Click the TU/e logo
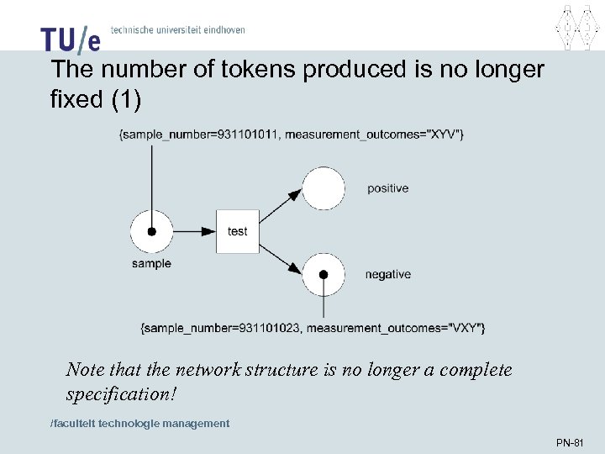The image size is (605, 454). tap(70, 37)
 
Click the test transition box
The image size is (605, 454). tap(238, 231)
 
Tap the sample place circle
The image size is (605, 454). tap(151, 231)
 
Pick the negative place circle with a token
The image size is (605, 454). tap(324, 273)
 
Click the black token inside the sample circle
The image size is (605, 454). tap(151, 231)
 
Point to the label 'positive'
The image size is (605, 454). tap(387, 188)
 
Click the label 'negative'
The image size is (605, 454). tap(387, 275)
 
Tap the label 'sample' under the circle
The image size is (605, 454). tap(151, 264)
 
